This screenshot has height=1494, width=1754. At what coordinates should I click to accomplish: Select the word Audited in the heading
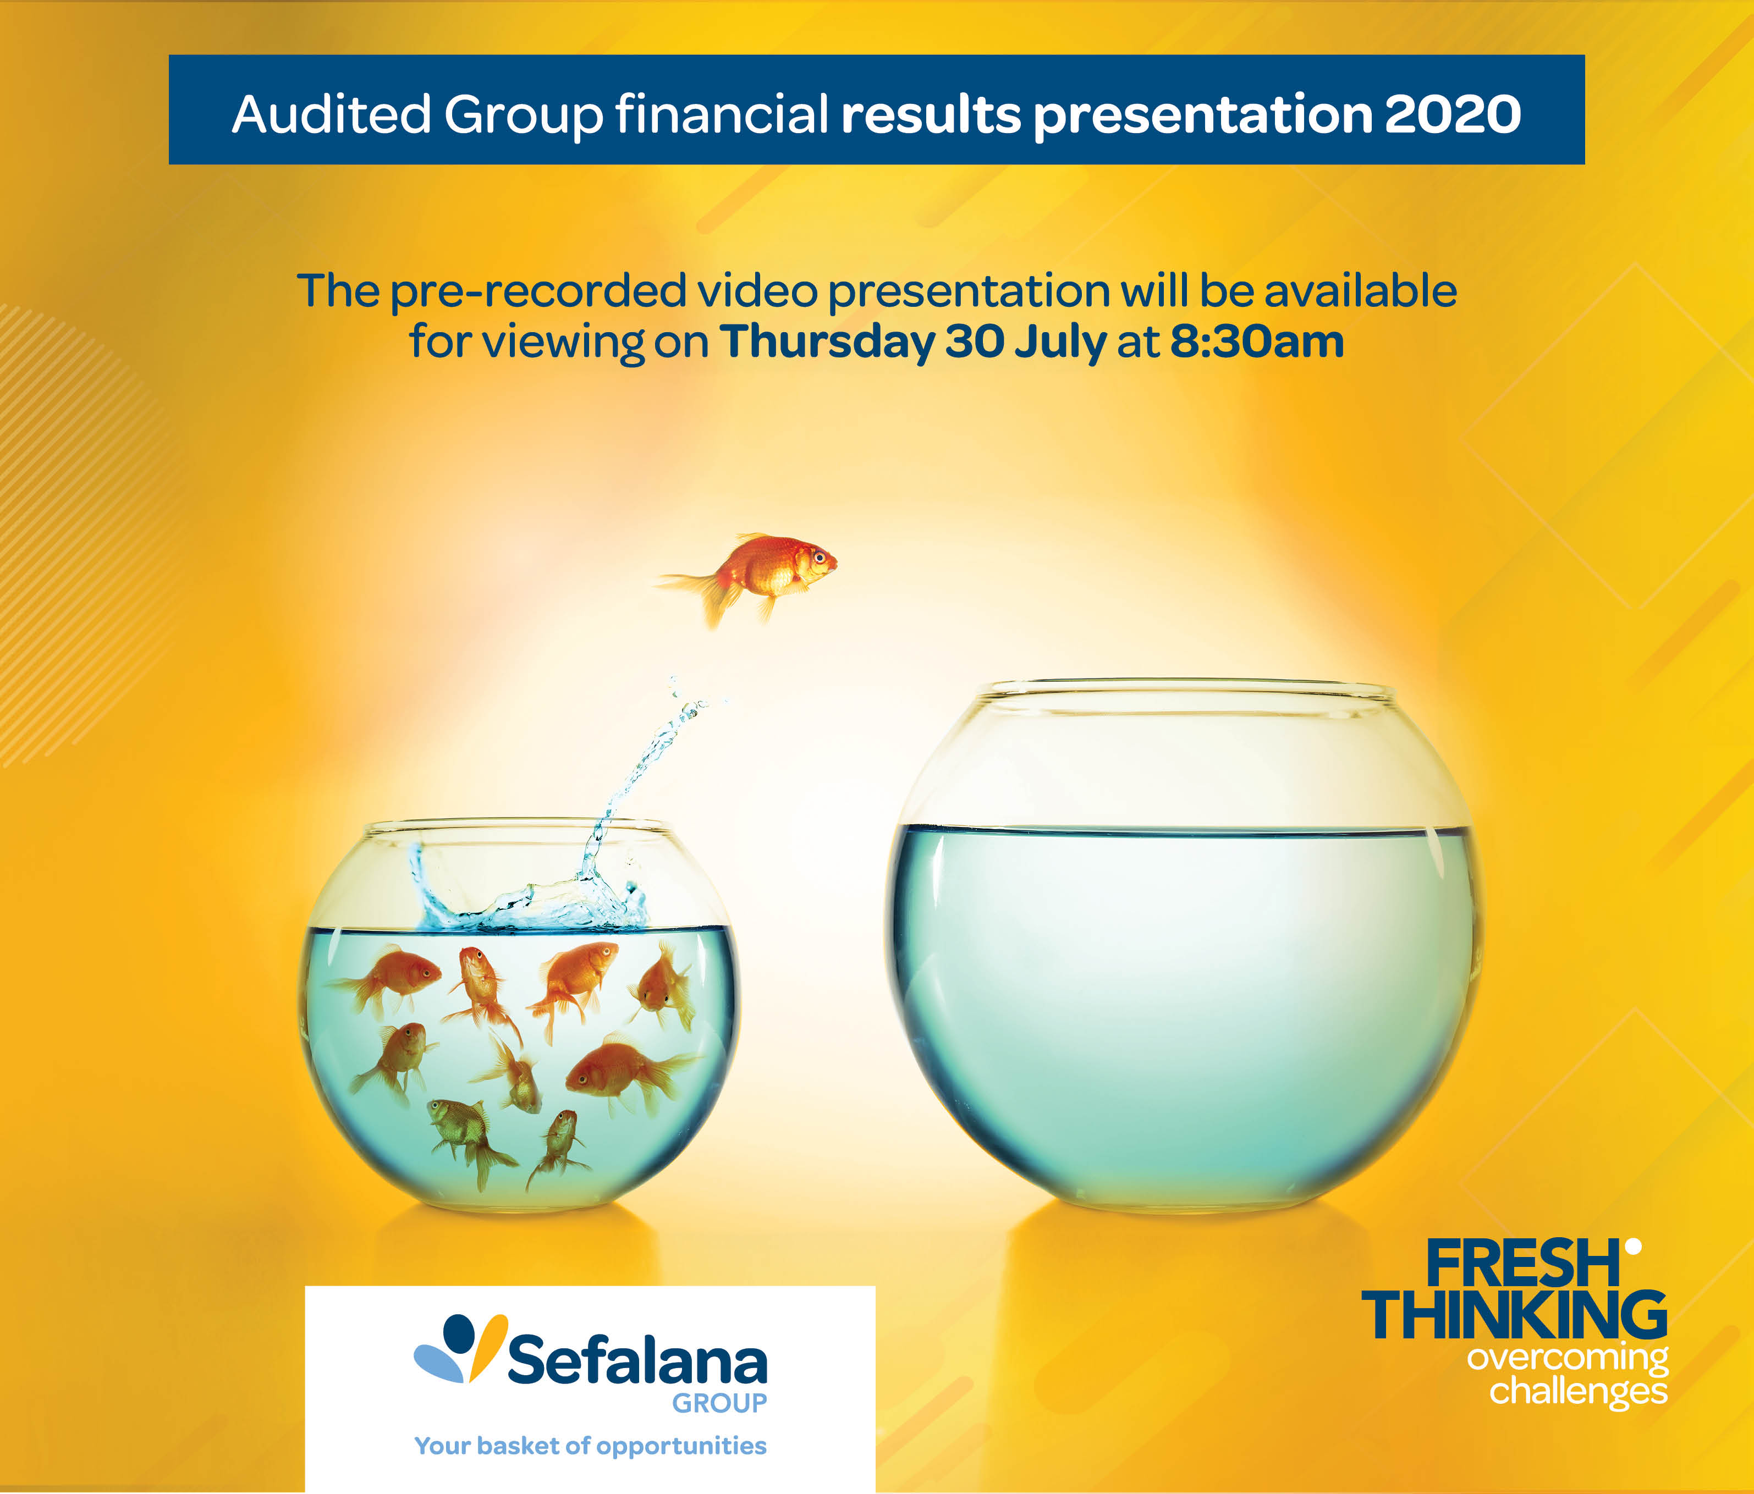332,114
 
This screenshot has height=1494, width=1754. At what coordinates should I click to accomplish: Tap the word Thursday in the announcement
827,343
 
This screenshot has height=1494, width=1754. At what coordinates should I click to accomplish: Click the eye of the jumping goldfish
818,556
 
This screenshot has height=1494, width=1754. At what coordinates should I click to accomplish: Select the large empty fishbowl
1184,944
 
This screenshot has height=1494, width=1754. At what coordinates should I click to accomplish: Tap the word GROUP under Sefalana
719,1403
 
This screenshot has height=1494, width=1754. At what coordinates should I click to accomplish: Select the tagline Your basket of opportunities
590,1446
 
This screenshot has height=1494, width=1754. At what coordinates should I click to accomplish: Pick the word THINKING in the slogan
1514,1315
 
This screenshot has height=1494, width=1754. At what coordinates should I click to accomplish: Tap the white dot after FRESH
1633,1246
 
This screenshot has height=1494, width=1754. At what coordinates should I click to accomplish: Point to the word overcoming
1568,1359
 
